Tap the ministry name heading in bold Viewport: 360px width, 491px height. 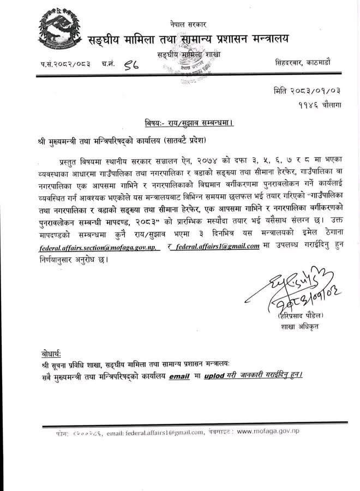[189, 39]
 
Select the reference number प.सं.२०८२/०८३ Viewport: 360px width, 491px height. [65, 64]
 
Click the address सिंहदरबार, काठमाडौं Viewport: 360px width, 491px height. [308, 63]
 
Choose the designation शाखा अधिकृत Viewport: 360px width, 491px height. [295, 327]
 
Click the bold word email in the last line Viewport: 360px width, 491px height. [179, 376]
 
